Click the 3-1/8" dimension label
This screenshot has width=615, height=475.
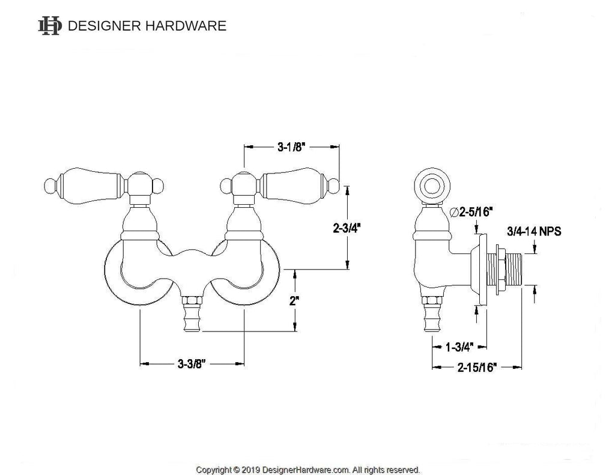tap(291, 145)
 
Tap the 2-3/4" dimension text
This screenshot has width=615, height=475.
tap(347, 228)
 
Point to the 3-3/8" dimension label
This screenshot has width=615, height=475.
tap(192, 363)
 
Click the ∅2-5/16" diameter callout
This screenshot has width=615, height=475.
tap(471, 211)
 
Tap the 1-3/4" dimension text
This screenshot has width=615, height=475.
tap(460, 346)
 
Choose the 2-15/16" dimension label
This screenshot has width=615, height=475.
tap(476, 368)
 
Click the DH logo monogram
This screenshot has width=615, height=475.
tap(50, 25)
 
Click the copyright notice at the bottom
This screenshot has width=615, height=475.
tap(308, 470)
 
